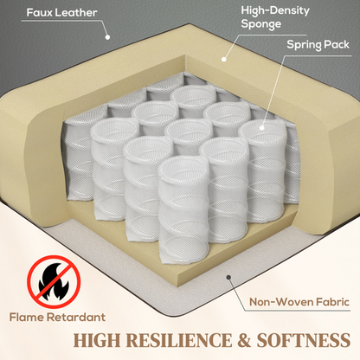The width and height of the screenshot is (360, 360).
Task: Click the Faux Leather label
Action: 61,12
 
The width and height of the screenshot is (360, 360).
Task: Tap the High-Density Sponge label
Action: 275,17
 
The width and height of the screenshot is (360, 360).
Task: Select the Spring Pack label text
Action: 318,45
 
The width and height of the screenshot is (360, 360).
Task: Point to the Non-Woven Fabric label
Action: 299,302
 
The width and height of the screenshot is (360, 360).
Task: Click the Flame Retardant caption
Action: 57,317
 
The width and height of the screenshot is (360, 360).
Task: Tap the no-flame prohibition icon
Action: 54,281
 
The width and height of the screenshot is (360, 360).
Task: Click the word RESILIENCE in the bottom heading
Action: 179,340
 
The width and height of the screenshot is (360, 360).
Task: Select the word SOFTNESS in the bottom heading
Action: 304,340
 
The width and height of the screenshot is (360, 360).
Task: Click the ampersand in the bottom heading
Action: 244,340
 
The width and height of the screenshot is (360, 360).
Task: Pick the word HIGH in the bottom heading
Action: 97,340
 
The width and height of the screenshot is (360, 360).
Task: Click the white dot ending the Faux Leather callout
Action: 107,37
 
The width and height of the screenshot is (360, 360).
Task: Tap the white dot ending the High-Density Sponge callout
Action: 224,60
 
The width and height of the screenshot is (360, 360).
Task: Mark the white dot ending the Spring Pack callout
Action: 262,127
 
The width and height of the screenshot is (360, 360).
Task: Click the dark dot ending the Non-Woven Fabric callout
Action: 228,277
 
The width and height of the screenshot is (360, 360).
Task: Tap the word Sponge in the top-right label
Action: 261,24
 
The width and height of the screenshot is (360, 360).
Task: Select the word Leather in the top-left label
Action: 76,12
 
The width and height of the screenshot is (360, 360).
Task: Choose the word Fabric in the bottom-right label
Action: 332,302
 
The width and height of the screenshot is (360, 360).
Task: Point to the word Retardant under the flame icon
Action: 76,317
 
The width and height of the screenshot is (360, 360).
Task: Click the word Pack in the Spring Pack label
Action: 337,45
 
